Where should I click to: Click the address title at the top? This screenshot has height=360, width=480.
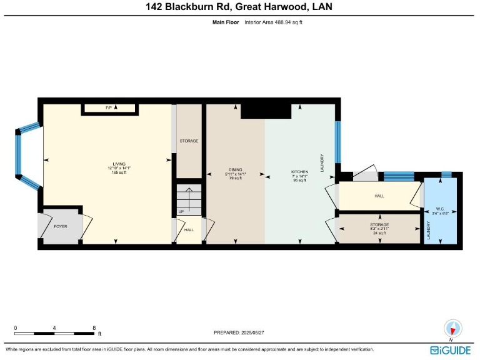240,7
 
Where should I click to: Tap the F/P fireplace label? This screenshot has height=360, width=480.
107,109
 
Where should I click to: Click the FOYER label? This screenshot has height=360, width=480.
61,226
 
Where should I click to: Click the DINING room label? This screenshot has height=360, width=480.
235,170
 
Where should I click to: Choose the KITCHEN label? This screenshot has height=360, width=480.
300,171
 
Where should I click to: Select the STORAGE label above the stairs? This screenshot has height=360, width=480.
189,141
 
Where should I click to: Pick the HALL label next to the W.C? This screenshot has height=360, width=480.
379,196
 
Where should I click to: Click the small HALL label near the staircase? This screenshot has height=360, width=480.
189,230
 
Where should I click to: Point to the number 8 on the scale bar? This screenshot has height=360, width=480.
94,327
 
